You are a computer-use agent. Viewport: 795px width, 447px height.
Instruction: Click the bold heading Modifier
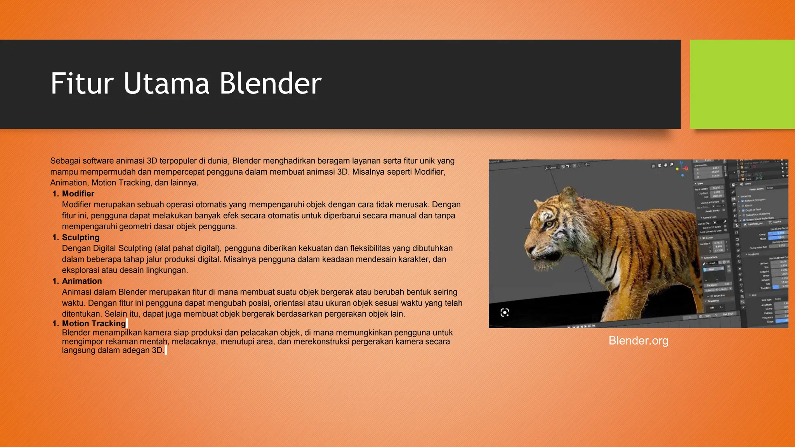point(78,194)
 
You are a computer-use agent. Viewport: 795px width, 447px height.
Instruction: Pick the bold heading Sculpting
point(81,237)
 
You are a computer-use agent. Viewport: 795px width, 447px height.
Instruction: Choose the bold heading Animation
point(82,281)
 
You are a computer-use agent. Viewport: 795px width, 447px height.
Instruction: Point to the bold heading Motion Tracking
point(94,324)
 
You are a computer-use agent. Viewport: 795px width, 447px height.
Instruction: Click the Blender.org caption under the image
point(638,341)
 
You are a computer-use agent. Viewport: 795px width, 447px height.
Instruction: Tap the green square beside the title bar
point(742,84)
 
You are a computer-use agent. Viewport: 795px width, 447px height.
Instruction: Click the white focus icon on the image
point(505,313)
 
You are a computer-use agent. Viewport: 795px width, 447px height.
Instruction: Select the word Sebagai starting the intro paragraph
point(65,161)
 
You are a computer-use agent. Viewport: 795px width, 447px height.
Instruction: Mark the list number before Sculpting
point(56,237)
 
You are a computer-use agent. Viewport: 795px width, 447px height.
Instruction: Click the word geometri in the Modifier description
point(134,227)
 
